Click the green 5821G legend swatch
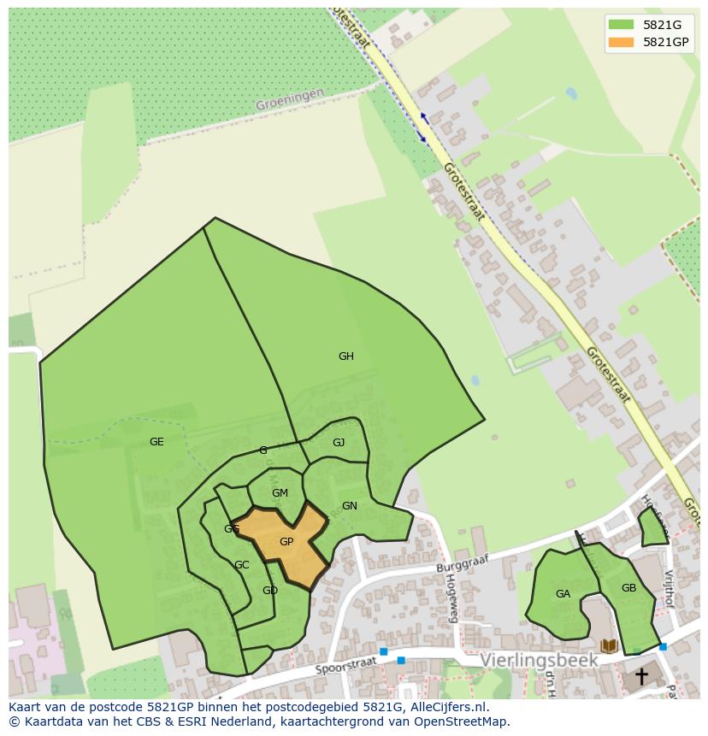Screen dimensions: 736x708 click(x=622, y=25)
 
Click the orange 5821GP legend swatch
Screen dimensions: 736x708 click(x=622, y=42)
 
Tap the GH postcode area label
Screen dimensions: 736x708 click(x=345, y=356)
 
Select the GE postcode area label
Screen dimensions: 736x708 click(x=156, y=442)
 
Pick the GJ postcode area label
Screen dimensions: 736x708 click(x=339, y=443)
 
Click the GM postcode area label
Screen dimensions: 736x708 click(x=280, y=493)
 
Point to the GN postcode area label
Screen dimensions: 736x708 click(x=349, y=506)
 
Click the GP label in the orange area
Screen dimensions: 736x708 click(x=286, y=542)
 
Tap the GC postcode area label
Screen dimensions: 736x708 click(x=242, y=565)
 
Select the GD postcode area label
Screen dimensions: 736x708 click(x=270, y=591)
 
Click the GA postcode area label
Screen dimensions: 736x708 click(x=563, y=594)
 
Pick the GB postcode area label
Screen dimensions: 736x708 click(x=628, y=588)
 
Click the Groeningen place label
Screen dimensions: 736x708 click(x=290, y=99)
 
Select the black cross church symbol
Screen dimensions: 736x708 click(x=640, y=677)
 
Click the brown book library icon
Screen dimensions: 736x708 click(x=610, y=646)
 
